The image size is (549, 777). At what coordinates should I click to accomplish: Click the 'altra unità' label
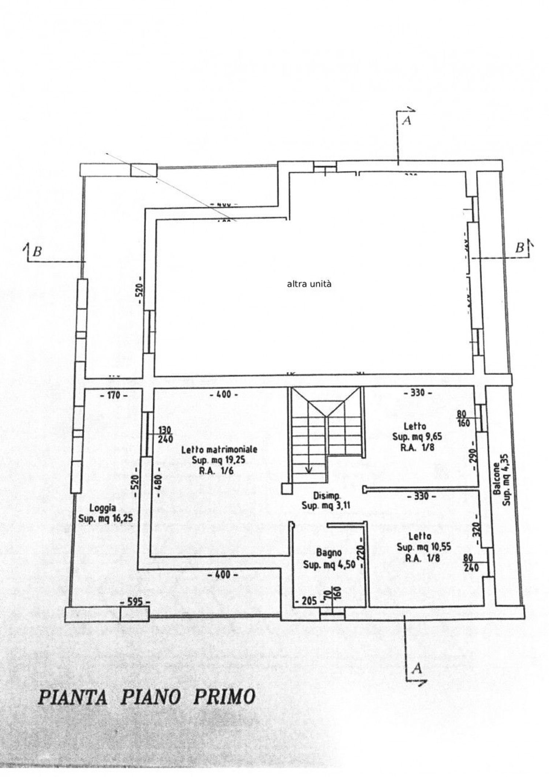tap(309, 284)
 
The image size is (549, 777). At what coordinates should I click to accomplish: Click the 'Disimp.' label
tap(326, 496)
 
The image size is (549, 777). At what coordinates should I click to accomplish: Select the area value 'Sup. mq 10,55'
tap(424, 547)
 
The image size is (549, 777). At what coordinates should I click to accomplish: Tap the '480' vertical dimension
tap(159, 483)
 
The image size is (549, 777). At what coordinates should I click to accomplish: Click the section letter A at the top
tap(406, 121)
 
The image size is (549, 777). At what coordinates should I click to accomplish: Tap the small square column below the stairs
tap(286, 488)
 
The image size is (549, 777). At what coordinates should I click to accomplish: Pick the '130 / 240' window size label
tap(165, 435)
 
